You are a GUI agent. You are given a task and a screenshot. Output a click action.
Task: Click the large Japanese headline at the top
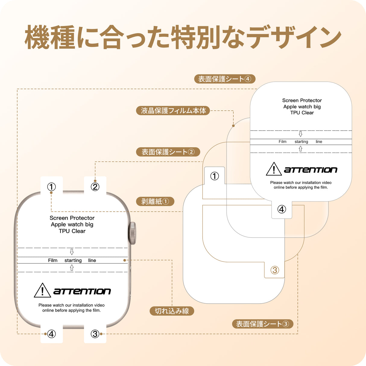point(183,37)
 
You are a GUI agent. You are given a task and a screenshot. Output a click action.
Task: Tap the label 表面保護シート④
point(225,79)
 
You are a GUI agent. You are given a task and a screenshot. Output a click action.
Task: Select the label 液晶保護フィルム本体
point(173,111)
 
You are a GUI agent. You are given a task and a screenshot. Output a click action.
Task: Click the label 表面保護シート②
point(168,152)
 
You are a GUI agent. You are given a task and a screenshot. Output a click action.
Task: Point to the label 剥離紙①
point(155,201)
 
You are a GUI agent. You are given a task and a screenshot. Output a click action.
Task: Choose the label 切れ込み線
point(172,311)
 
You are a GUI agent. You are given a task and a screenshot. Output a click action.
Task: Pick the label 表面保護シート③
point(262,324)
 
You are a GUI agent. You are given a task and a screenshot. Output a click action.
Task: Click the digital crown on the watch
point(132,233)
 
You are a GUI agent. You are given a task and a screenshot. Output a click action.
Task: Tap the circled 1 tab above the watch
point(52,187)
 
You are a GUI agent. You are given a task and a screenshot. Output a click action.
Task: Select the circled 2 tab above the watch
point(95,187)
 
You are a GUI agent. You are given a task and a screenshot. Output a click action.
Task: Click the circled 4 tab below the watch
point(52,334)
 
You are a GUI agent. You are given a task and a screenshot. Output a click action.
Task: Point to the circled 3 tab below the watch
point(95,334)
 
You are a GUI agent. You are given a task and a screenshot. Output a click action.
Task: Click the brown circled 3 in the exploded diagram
point(275,270)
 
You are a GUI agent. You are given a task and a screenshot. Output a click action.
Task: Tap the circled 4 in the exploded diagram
point(282,209)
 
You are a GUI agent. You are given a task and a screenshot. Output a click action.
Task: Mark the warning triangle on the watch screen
point(42,291)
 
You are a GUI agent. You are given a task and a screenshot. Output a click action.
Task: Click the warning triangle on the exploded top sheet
point(274,169)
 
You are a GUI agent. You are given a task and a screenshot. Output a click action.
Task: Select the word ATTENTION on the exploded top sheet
point(311,170)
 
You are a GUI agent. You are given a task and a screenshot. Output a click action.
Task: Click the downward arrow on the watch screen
point(72,252)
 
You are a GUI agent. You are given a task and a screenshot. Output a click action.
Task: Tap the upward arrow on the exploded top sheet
point(301,149)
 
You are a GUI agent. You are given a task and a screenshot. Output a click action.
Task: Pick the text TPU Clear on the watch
point(72,231)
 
